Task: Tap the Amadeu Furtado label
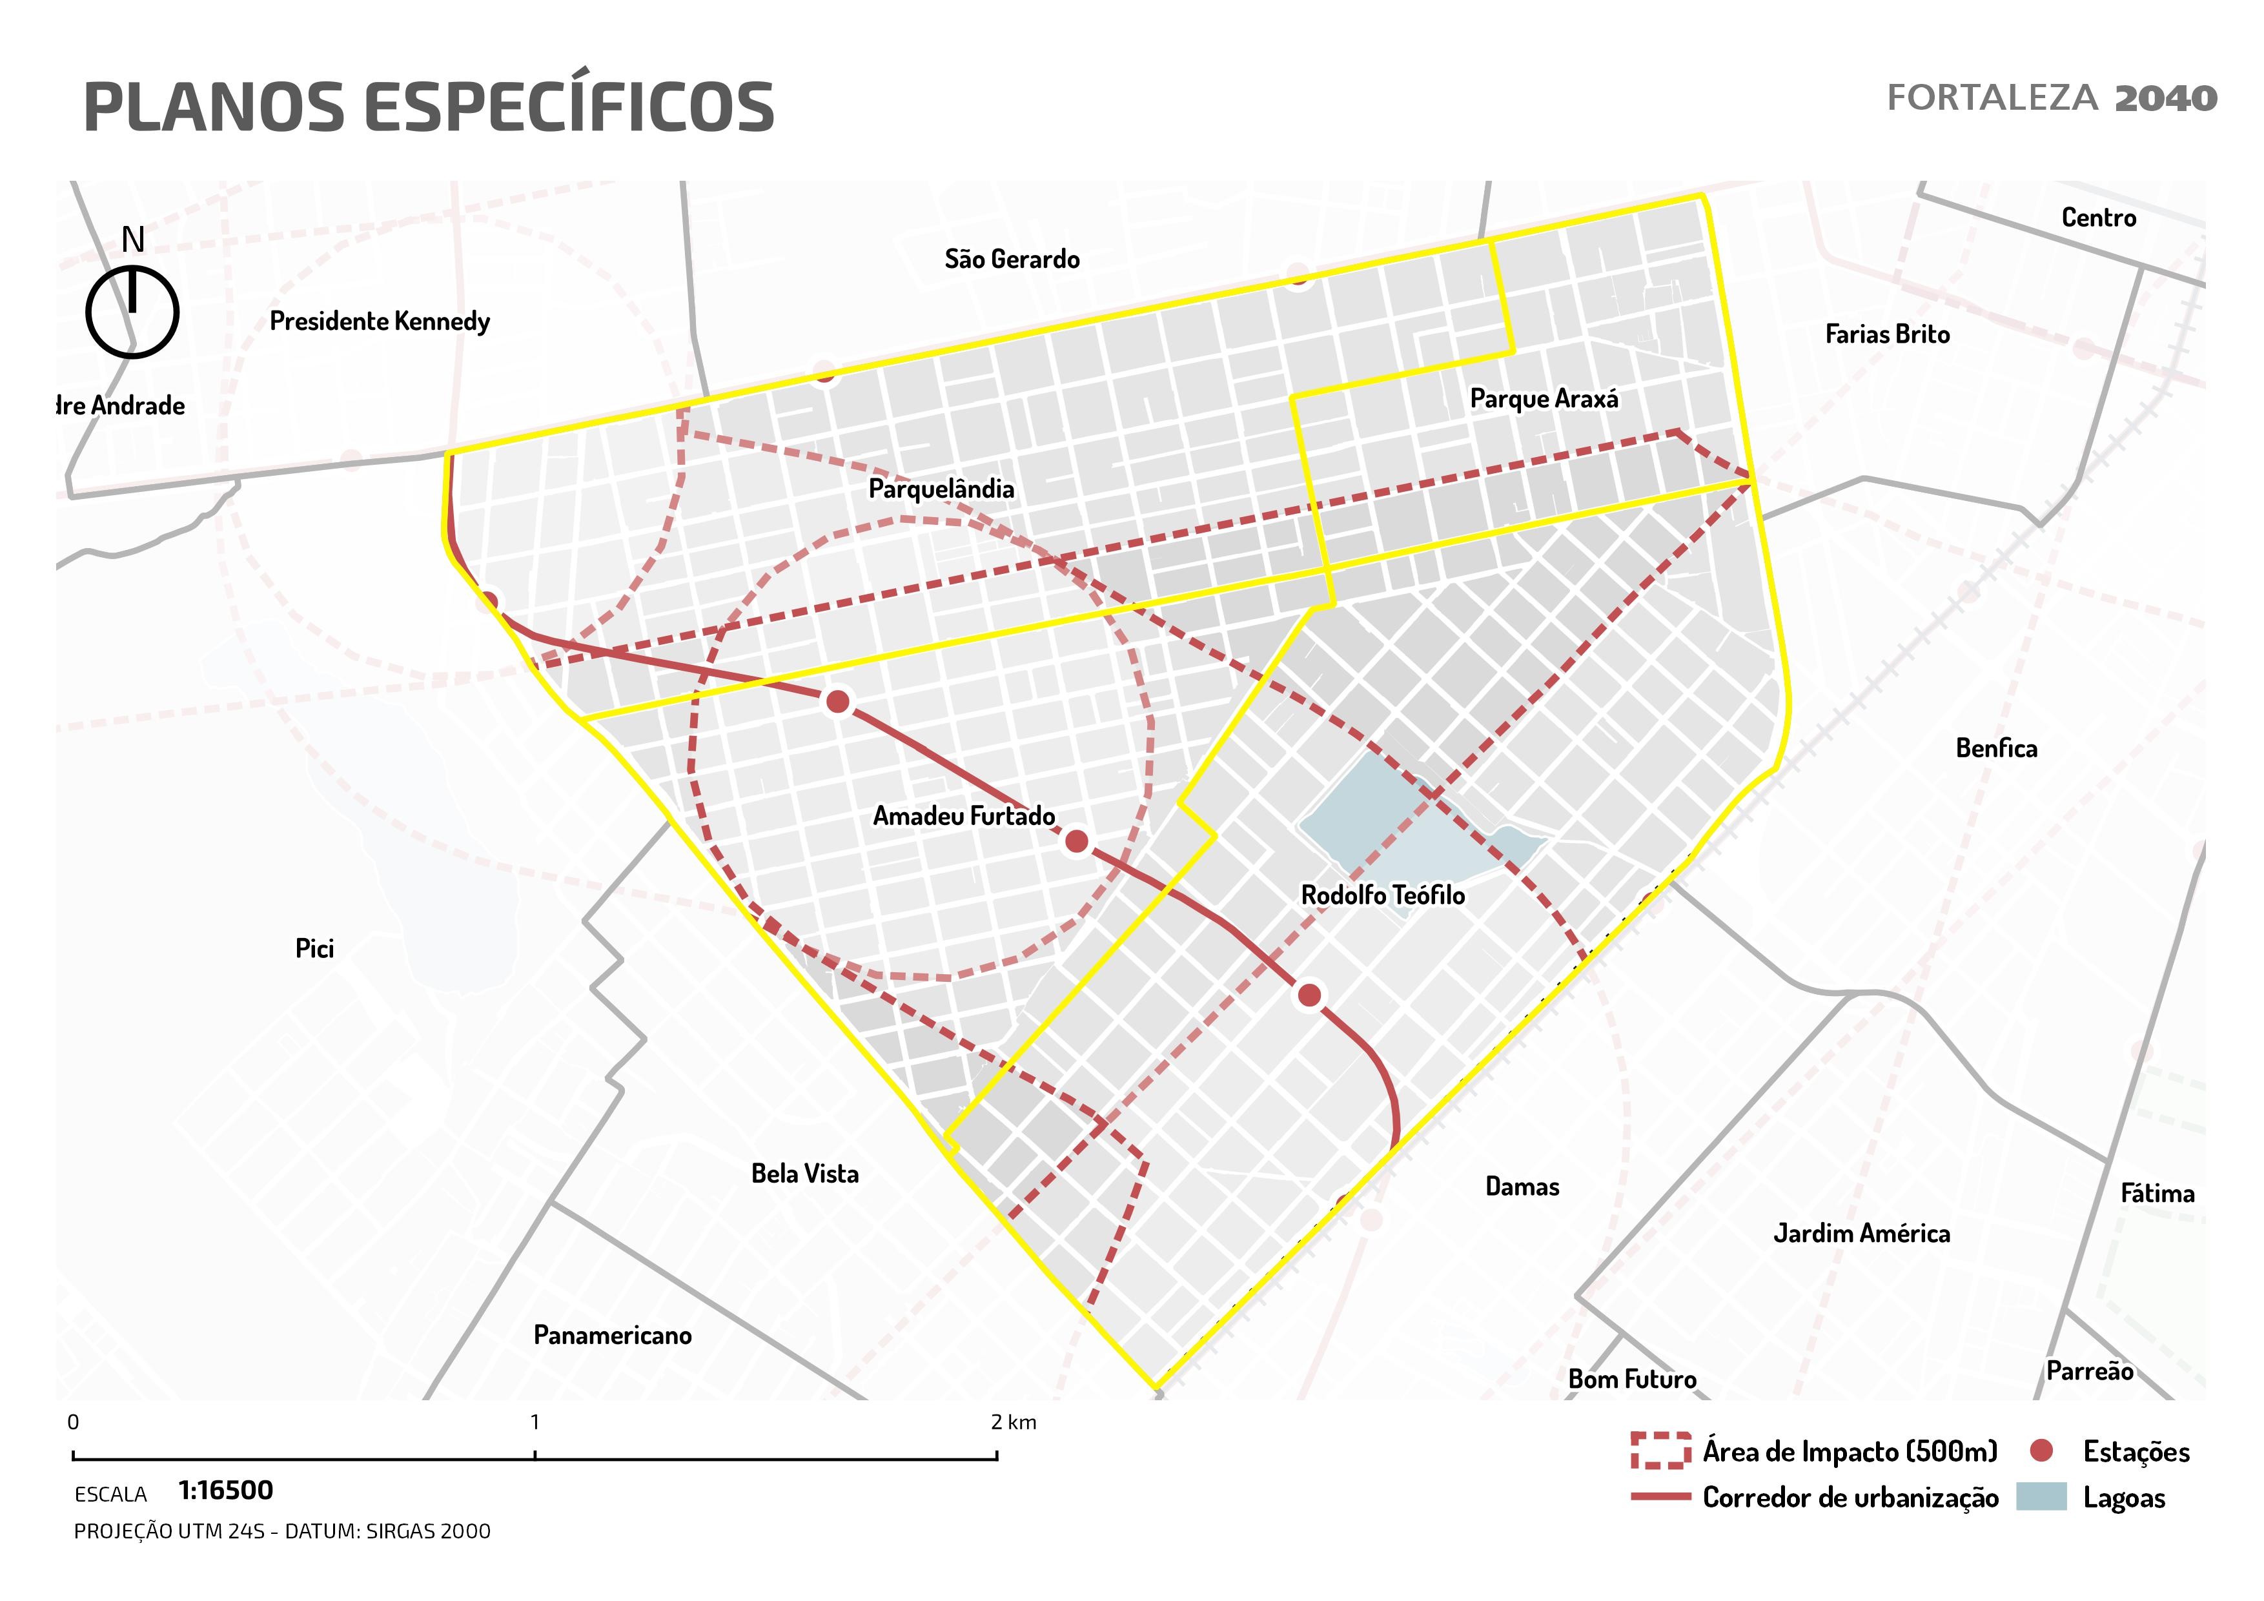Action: pos(963,816)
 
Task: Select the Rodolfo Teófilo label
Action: pos(1382,895)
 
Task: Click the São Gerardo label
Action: pos(1012,260)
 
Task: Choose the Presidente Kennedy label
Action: pos(380,321)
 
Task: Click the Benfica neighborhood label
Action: pos(1996,748)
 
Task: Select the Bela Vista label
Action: pos(804,1173)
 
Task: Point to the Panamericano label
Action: pos(613,1335)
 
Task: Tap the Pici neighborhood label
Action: pos(314,948)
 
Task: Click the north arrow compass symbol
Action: pos(132,311)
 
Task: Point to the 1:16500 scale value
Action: pos(226,1491)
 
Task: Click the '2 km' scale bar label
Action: pos(1014,1423)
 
